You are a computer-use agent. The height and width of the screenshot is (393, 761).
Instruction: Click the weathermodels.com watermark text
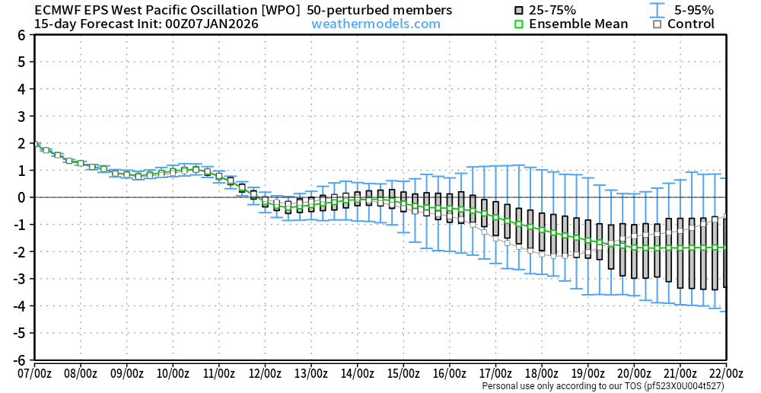[x=376, y=24]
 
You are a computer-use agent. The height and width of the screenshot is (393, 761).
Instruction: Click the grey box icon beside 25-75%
[x=519, y=10]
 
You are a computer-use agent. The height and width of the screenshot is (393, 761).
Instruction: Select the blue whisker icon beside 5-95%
[x=654, y=10]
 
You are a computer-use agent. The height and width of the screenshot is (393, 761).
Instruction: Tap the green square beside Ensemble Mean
[x=519, y=24]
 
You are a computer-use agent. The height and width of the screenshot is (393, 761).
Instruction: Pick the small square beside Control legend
[x=657, y=24]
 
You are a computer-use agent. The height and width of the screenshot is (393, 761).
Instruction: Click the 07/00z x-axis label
[x=34, y=373]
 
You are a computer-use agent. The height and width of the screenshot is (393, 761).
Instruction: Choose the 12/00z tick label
[x=265, y=373]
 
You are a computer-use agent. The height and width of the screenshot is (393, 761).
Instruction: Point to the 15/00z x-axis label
[x=403, y=373]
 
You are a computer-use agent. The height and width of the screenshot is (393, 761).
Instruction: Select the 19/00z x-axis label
[x=587, y=373]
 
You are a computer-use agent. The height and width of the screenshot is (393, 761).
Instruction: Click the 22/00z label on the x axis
[x=726, y=373]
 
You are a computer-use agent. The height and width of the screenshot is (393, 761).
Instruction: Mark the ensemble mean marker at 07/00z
[x=35, y=143]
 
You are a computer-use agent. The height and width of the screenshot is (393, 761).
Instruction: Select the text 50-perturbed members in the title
[x=379, y=10]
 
